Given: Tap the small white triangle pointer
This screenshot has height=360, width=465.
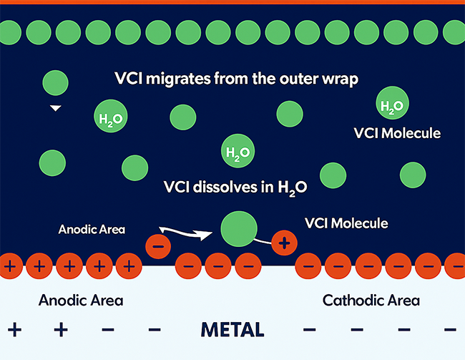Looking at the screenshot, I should click(x=55, y=109).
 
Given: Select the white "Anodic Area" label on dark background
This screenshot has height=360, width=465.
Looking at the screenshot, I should click(x=92, y=230).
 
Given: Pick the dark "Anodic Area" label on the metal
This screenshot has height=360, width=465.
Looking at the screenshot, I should click(x=81, y=300).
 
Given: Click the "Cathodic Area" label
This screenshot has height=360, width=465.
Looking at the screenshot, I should click(x=371, y=300).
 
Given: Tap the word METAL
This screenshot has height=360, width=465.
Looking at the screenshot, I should click(x=232, y=330).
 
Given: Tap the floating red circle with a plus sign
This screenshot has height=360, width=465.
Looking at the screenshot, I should click(x=284, y=243).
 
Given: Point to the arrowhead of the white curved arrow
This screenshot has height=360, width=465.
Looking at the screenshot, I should click(x=212, y=233).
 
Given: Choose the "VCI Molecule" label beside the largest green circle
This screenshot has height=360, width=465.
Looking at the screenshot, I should click(x=346, y=223).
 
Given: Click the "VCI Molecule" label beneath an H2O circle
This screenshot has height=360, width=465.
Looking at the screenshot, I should click(x=398, y=133).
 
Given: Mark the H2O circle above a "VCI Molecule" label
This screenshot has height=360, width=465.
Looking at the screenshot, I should click(x=391, y=106).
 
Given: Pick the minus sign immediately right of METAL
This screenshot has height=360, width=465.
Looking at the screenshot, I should click(x=310, y=330).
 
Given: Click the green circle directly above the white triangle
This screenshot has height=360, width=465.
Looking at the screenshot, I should click(x=55, y=83).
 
